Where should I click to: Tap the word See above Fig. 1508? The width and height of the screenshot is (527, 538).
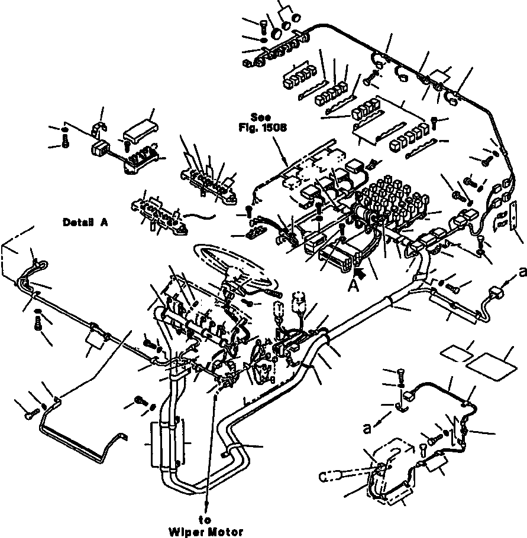[x=260, y=117]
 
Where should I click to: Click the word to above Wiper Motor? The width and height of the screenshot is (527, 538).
[x=205, y=520]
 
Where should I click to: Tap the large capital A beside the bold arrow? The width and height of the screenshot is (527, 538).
[x=353, y=285]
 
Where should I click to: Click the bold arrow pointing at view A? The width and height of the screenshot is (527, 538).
[x=360, y=273]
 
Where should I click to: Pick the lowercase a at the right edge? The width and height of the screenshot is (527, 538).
[x=522, y=272]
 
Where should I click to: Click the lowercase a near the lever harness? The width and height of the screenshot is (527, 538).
[x=367, y=428]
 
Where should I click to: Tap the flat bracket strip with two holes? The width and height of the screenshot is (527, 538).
[x=513, y=217]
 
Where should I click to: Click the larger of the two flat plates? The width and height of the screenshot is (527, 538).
[x=492, y=367]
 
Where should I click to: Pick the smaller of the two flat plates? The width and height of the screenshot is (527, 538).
[x=457, y=354]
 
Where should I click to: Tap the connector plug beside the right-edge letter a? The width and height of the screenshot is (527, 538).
[x=496, y=294]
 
